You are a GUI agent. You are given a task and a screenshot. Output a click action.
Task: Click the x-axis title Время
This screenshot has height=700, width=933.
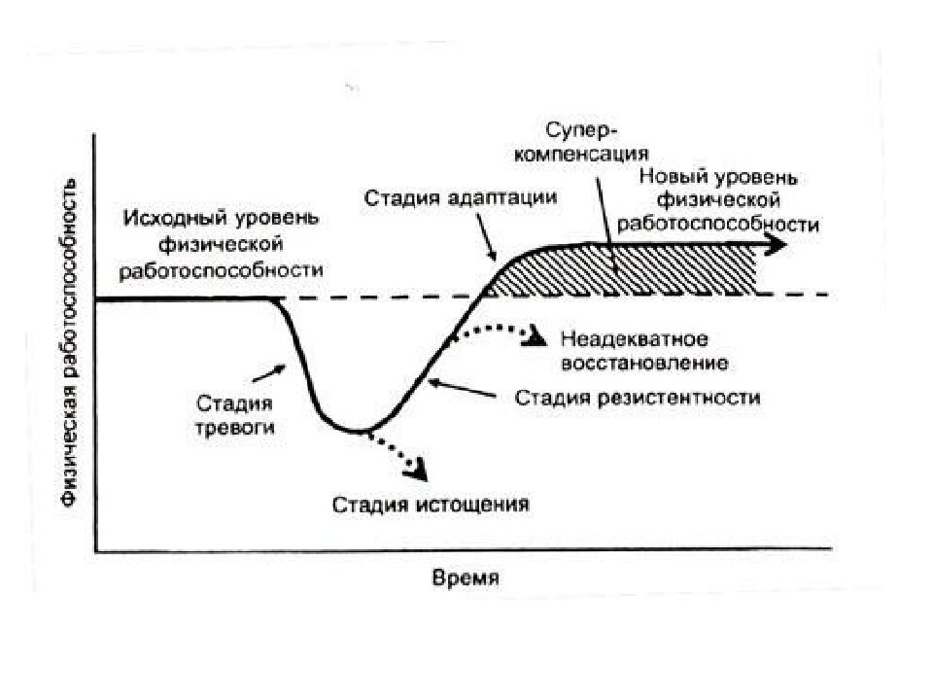tap(466, 578)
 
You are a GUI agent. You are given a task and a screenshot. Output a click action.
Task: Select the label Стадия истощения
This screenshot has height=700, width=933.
tap(431, 505)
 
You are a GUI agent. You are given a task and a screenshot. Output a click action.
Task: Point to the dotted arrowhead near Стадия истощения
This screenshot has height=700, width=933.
tap(417, 471)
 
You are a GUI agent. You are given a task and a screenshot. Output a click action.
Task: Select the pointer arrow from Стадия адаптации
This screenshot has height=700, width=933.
tap(486, 238)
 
